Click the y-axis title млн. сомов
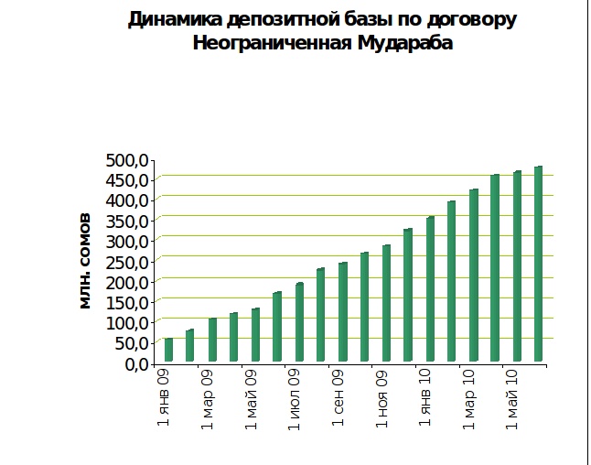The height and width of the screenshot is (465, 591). click(85, 261)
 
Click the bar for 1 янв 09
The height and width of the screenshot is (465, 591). click(168, 351)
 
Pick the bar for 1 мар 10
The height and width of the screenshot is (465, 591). click(474, 276)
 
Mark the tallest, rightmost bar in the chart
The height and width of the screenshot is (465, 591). click(539, 265)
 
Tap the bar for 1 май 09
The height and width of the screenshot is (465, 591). click(255, 335)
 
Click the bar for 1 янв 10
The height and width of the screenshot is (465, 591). click(430, 289)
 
